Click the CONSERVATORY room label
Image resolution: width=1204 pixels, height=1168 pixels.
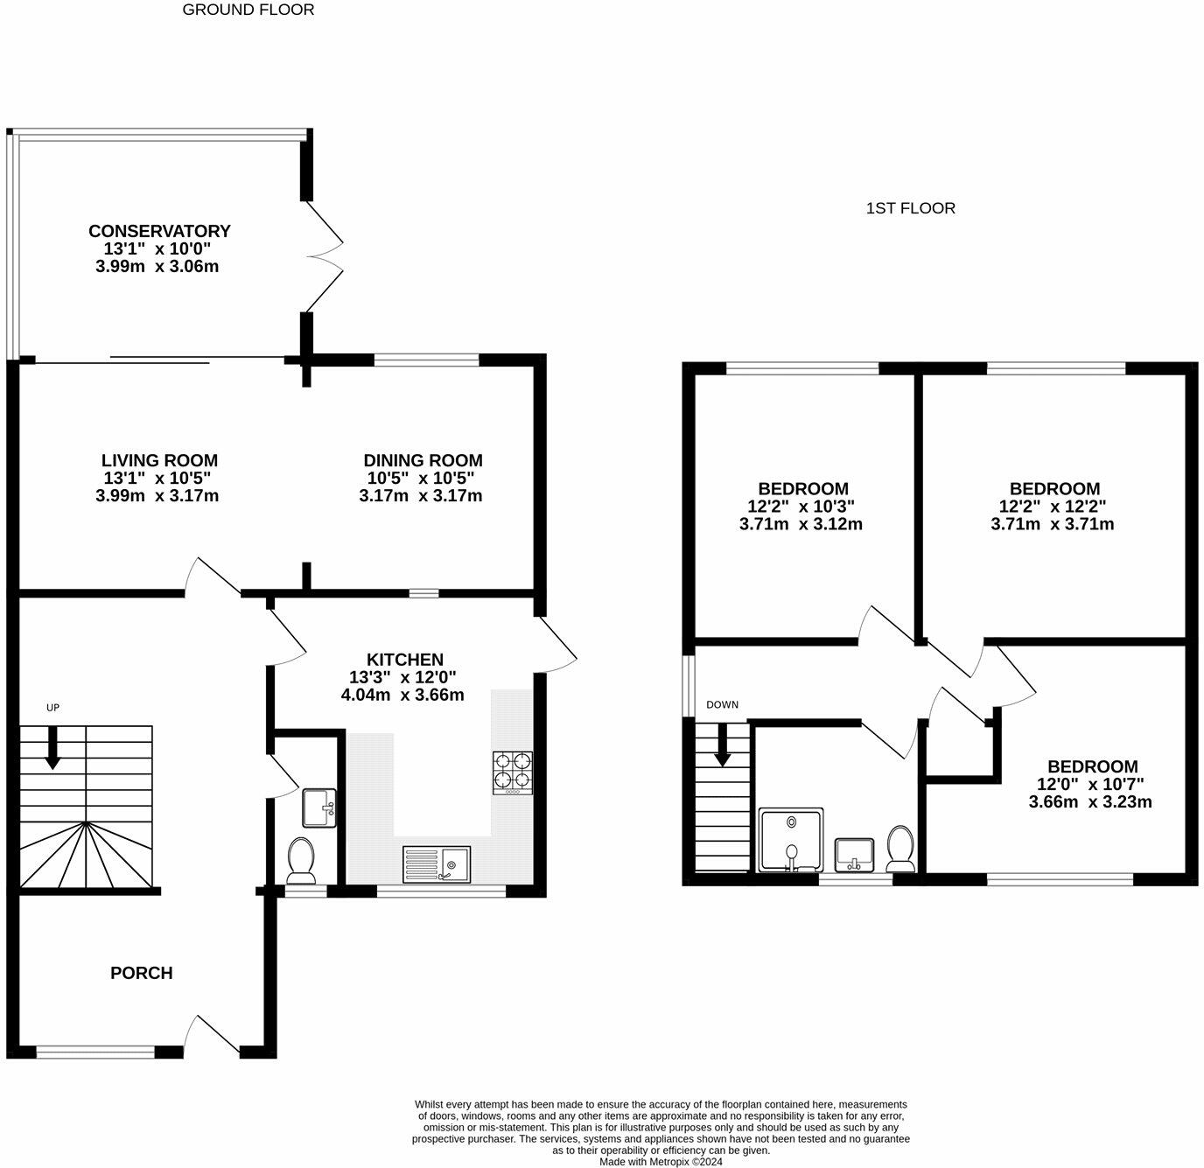(x=159, y=231)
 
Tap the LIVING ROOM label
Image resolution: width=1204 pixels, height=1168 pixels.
(x=159, y=460)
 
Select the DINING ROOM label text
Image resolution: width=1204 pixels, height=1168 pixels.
(x=423, y=460)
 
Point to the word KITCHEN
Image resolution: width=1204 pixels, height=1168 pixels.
(x=404, y=660)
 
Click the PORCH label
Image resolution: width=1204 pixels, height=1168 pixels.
(x=141, y=973)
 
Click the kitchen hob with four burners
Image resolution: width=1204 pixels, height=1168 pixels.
(x=513, y=773)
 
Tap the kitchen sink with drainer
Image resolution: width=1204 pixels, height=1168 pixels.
(x=436, y=864)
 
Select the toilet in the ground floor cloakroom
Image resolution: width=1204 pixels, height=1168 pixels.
(x=302, y=859)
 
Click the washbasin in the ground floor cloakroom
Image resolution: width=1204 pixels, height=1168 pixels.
(x=318, y=808)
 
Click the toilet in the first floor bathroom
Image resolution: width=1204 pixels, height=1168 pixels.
(x=900, y=848)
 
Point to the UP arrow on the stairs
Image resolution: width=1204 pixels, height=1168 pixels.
(x=52, y=748)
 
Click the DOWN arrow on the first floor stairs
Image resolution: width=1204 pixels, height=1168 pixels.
(x=723, y=745)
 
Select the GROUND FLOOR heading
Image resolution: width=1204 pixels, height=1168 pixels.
(x=248, y=10)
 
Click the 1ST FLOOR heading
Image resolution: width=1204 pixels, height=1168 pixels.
(x=910, y=208)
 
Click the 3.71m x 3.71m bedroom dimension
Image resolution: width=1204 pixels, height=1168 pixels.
(x=1052, y=524)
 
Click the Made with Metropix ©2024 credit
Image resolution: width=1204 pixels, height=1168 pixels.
(x=661, y=1162)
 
